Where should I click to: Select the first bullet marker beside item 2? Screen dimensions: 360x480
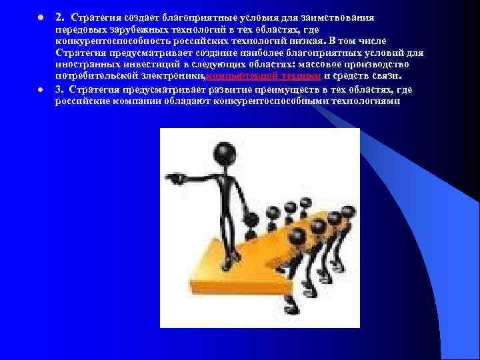point(41,16)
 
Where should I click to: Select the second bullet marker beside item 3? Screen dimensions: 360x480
point(41,89)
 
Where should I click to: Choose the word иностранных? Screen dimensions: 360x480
point(84,65)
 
